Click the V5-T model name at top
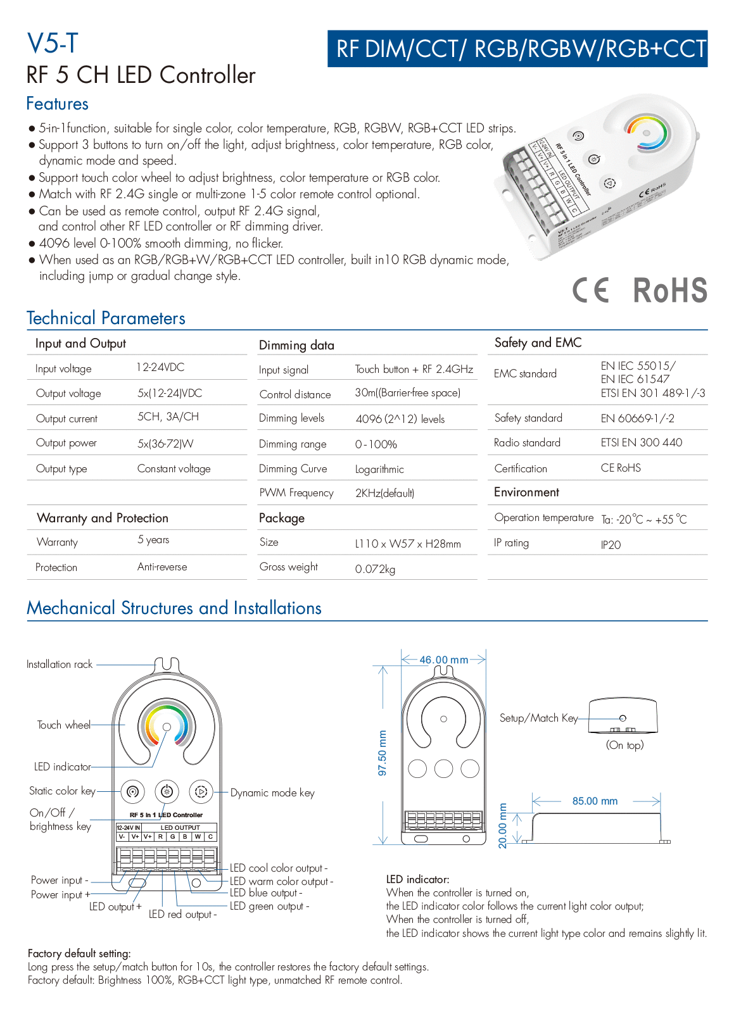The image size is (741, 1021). (53, 44)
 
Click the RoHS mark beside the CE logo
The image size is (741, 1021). (669, 291)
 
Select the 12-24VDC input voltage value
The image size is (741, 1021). (160, 367)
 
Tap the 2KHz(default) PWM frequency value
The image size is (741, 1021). (384, 493)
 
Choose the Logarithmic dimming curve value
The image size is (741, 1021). (379, 469)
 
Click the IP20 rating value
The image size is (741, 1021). (611, 544)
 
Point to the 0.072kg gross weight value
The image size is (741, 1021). (375, 569)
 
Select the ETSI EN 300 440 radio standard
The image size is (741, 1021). (641, 442)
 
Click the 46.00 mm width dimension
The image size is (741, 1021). (443, 660)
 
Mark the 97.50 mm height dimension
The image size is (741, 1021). (382, 753)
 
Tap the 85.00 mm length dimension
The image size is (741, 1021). (595, 801)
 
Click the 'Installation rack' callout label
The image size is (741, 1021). (60, 664)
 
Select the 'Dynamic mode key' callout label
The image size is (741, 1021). (272, 792)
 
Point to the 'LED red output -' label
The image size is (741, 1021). (182, 914)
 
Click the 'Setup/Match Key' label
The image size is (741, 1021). (538, 718)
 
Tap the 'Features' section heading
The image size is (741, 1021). (57, 104)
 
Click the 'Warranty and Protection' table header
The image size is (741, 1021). (103, 518)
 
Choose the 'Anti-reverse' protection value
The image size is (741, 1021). (162, 567)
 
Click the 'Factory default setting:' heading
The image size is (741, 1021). (79, 953)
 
